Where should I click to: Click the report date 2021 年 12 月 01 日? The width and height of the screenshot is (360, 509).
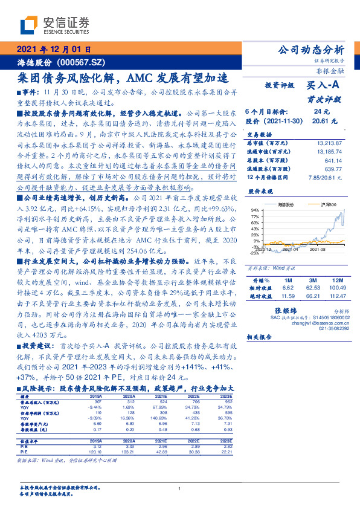pos(54,50)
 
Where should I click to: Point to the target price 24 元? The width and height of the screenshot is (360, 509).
pos(321,112)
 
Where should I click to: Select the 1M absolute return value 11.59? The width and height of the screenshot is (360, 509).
pos(288,296)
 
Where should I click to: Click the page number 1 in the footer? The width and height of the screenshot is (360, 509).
pos(180,489)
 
